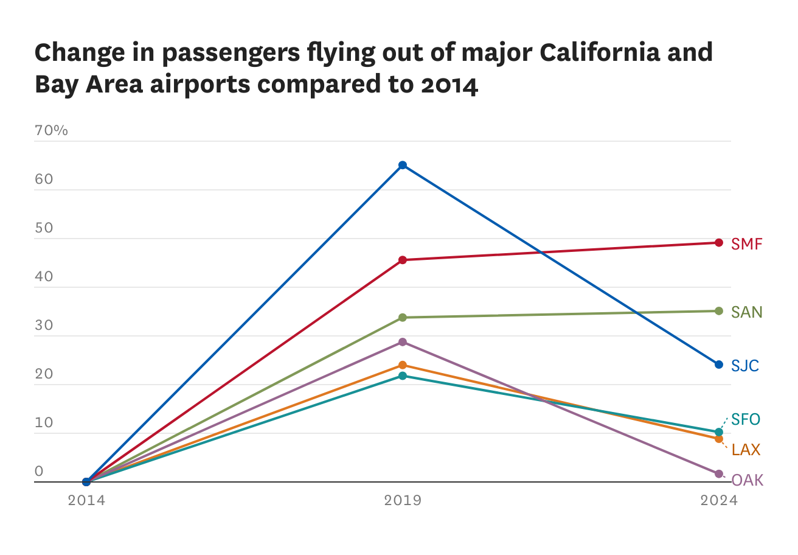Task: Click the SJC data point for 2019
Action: [x=403, y=165]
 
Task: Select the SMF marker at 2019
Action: [x=403, y=260]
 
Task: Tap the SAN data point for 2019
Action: [x=403, y=317]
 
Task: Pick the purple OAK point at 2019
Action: [x=403, y=342]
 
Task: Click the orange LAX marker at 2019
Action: [x=403, y=365]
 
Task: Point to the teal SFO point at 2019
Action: [x=403, y=376]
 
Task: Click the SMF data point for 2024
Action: [x=719, y=243]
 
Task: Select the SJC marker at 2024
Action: [x=719, y=365]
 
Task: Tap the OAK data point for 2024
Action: [x=719, y=473]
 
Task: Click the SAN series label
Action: [x=746, y=312]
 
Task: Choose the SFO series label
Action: [x=745, y=419]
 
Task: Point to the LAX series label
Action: [x=746, y=450]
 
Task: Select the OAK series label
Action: [x=747, y=480]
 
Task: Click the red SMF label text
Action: [x=746, y=244]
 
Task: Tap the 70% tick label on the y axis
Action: [x=52, y=131]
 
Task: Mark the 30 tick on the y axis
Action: [x=44, y=326]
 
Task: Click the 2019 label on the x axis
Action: [x=403, y=500]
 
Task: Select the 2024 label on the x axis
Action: [x=719, y=500]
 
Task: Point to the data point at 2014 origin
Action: [x=86, y=482]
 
